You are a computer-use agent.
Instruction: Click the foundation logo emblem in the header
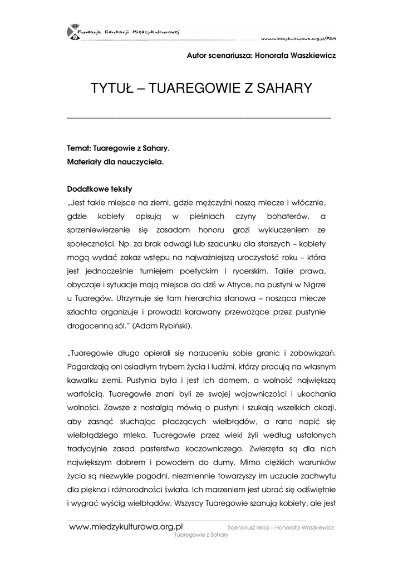73,32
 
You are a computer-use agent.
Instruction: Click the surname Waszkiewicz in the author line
308,56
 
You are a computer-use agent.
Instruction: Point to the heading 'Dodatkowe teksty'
100,188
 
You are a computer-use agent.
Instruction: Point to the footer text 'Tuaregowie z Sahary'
202,535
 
